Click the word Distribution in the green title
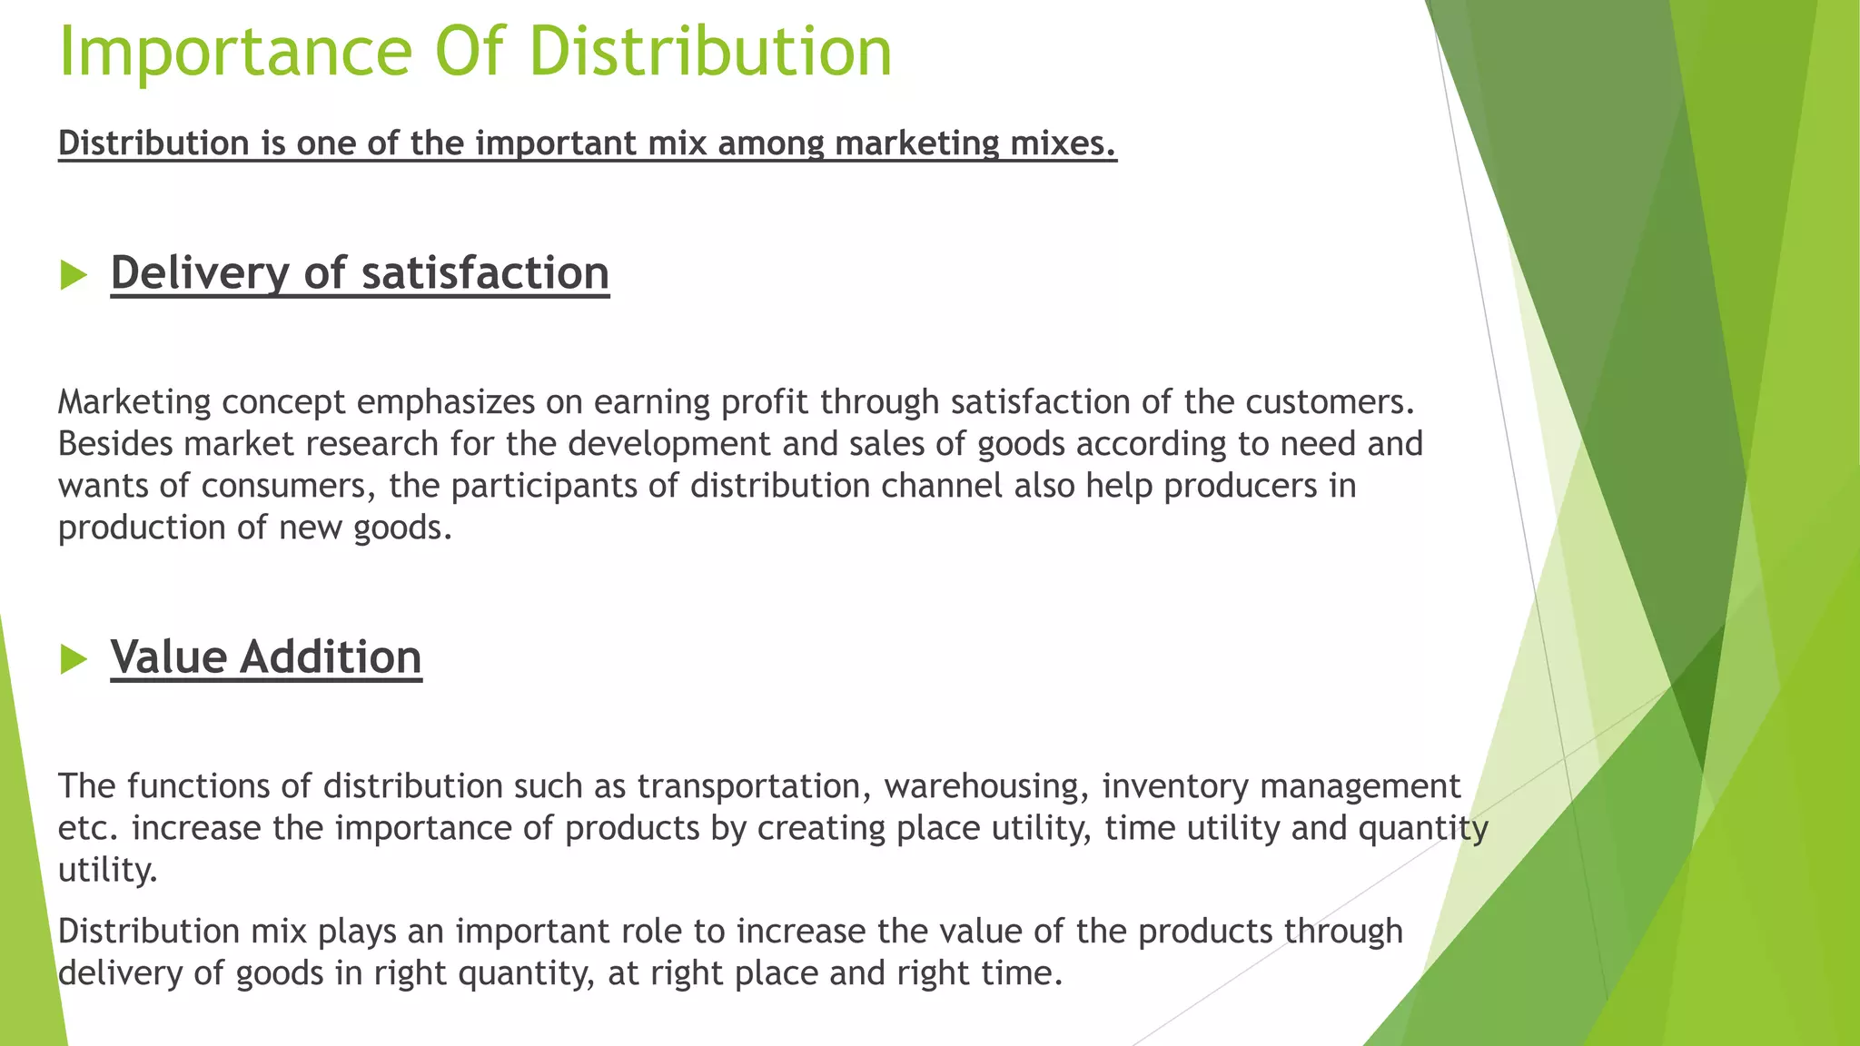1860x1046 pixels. click(x=710, y=52)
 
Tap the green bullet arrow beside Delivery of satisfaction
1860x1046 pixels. click(x=73, y=274)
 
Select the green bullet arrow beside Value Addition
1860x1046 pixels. click(x=73, y=658)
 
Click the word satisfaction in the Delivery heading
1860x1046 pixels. click(x=485, y=272)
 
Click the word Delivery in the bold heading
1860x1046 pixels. click(x=199, y=272)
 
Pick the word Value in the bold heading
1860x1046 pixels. click(x=168, y=656)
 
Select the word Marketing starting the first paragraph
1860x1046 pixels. click(x=134, y=401)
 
